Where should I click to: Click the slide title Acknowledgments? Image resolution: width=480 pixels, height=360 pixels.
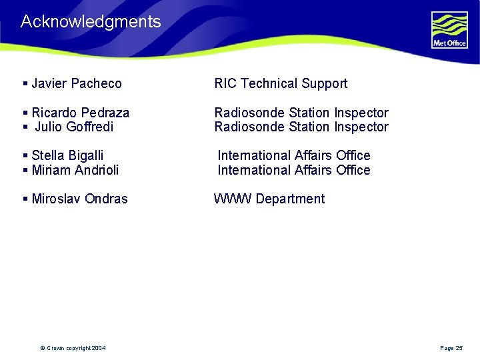91,21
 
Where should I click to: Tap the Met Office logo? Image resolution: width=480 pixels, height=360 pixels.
449,30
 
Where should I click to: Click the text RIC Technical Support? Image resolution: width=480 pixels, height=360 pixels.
281,83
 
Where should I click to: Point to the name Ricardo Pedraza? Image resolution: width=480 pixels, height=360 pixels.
80,113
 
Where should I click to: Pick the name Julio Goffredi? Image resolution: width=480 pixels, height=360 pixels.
74,127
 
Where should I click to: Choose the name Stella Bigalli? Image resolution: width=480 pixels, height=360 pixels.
67,155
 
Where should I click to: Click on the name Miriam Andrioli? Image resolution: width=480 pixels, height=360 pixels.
75,170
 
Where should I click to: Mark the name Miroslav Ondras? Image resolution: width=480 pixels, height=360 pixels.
79,199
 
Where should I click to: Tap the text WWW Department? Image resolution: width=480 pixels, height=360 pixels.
269,199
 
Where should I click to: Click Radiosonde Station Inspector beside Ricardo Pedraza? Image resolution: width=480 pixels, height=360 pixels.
301,113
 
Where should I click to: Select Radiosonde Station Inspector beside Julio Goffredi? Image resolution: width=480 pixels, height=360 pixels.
301,127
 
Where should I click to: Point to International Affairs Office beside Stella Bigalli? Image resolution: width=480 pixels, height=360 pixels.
294,155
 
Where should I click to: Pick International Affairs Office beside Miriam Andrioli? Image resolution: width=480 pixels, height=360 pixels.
294,170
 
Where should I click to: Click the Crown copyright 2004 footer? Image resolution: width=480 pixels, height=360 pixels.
73,348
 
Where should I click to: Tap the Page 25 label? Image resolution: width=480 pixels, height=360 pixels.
451,348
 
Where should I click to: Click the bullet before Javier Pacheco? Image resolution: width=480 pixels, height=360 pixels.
25,83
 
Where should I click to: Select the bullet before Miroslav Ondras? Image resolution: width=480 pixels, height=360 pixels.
25,199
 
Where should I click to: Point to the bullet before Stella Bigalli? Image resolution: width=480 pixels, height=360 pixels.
25,155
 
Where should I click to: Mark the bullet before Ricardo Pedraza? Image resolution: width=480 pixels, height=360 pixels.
25,113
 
